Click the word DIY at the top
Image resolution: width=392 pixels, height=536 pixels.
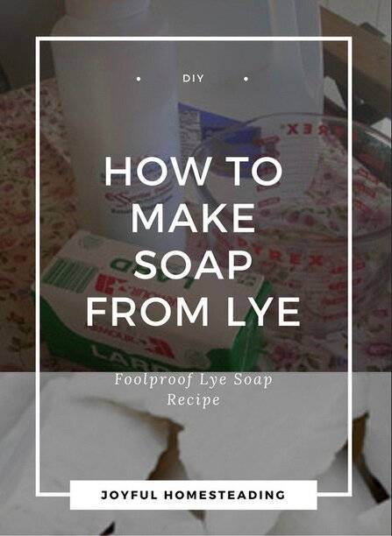193,78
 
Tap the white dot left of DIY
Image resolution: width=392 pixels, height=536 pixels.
139,79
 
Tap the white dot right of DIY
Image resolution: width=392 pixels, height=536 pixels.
246,79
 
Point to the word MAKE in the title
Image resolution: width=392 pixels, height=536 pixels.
193,217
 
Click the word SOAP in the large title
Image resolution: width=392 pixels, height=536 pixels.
194,264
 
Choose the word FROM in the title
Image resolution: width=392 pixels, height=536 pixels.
147,312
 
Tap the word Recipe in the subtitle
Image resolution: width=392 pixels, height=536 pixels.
194,399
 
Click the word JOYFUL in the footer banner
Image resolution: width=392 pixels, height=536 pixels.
129,495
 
